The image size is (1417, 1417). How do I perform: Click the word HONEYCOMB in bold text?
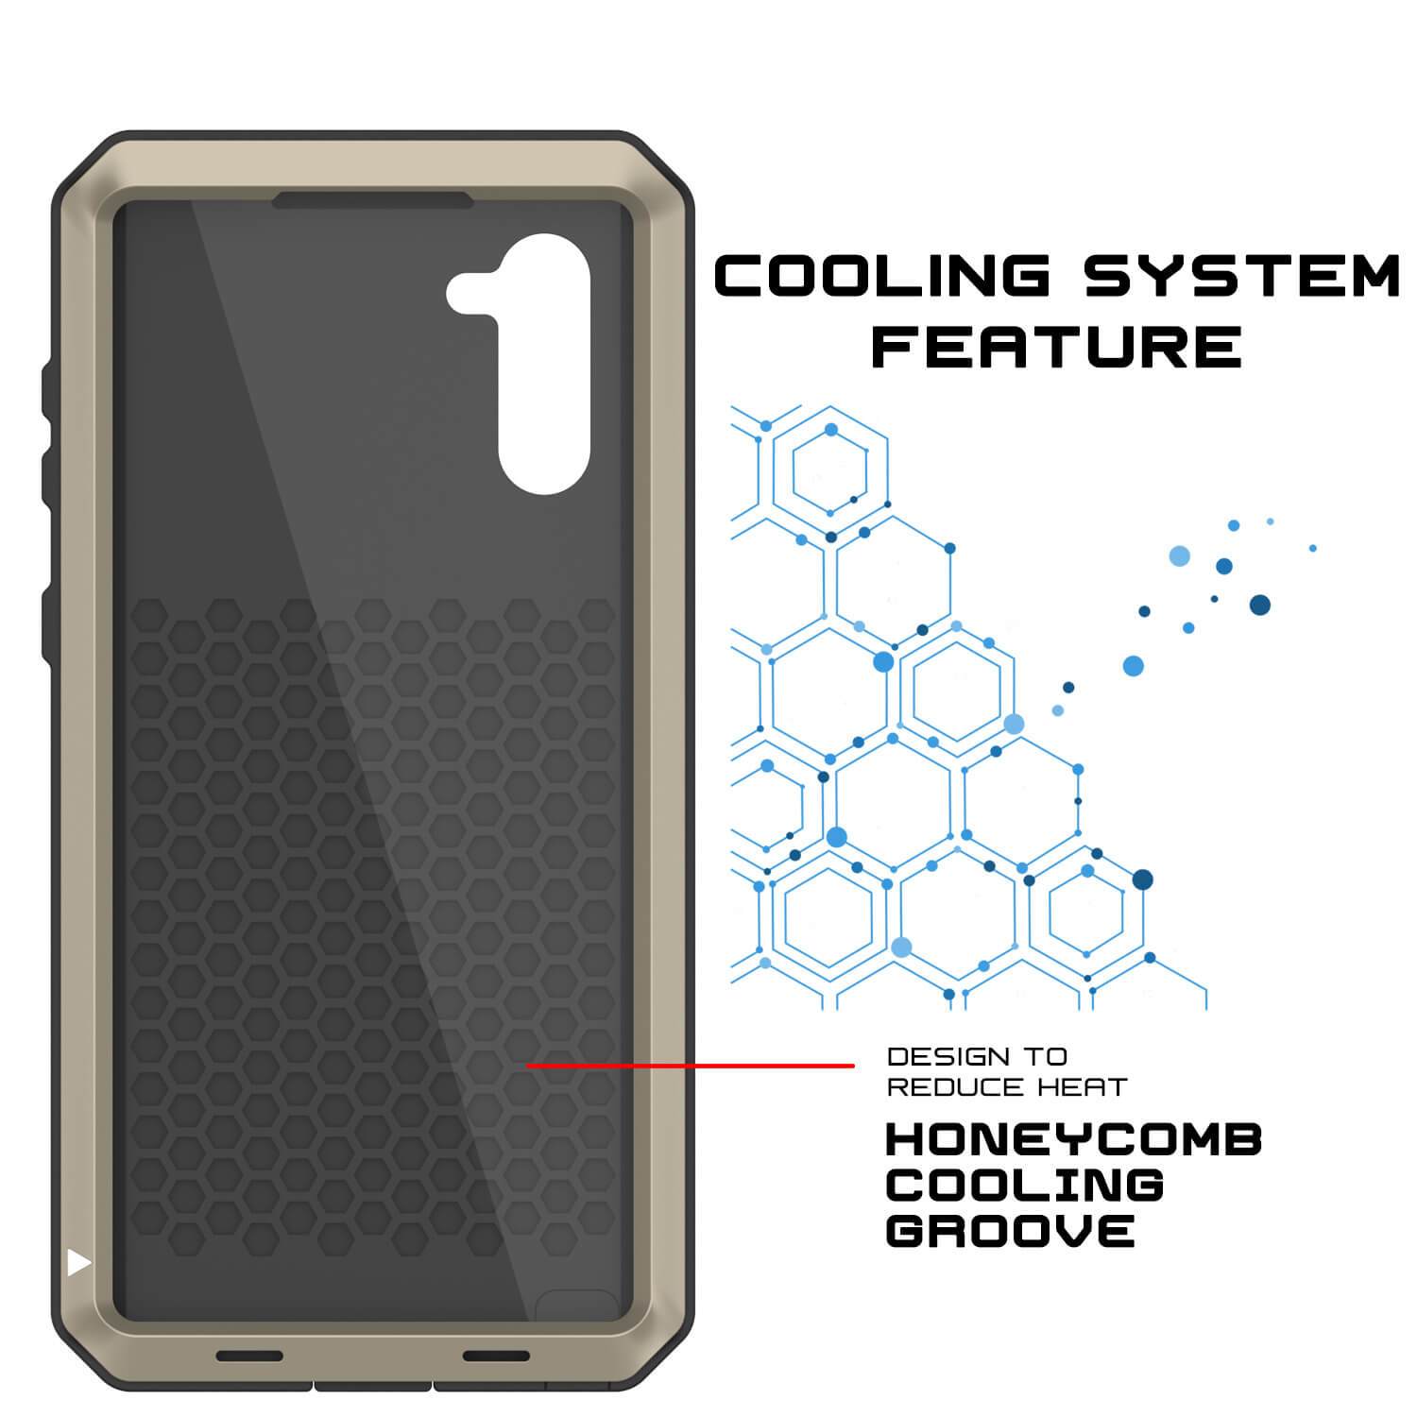pyautogui.click(x=1074, y=1140)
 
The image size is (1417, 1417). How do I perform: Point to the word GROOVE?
pyautogui.click(x=1010, y=1231)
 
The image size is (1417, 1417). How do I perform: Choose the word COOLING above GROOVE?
pyautogui.click(x=1024, y=1186)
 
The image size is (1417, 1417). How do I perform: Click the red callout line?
pyautogui.click(x=690, y=1066)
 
